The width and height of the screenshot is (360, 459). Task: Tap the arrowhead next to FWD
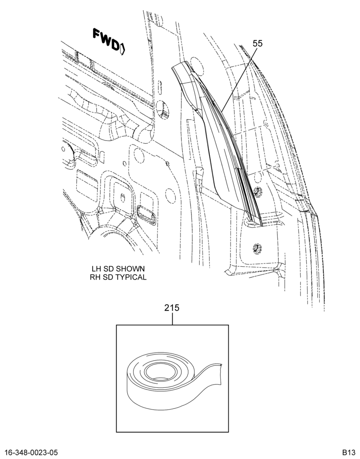[123, 49]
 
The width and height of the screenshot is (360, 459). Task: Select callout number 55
[258, 44]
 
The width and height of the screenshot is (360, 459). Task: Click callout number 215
[172, 308]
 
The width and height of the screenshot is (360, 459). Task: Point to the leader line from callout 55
[239, 79]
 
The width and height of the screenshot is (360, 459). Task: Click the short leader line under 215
[172, 319]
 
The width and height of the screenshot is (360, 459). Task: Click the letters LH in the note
[96, 269]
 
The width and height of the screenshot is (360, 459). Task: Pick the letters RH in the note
[95, 277]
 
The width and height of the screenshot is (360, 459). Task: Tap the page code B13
[349, 452]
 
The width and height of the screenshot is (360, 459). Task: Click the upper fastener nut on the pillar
[258, 191]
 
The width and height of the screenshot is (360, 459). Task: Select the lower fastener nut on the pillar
[257, 248]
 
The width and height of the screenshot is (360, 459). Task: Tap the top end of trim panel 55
[180, 65]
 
